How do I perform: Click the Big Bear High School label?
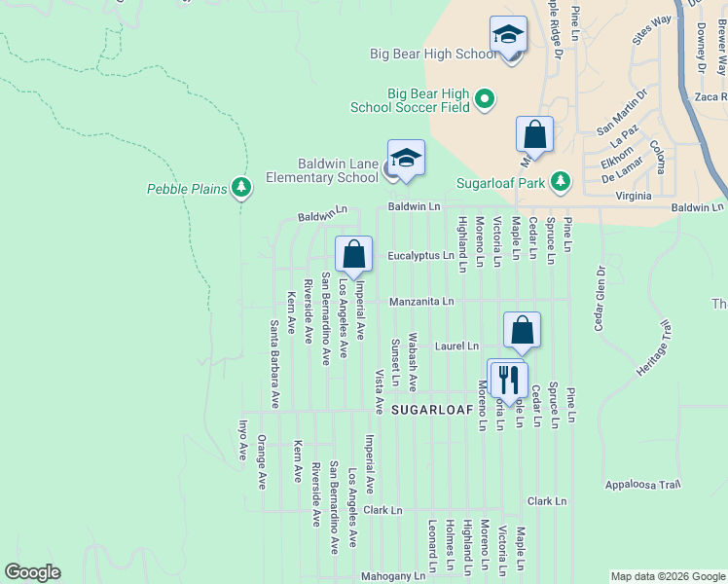[x=433, y=55]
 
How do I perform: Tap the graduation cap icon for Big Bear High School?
[x=508, y=35]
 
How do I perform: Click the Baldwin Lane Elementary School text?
[x=323, y=171]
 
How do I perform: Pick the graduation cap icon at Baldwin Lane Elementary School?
[x=406, y=159]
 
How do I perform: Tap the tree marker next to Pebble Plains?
[x=240, y=188]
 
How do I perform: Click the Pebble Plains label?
[x=188, y=188]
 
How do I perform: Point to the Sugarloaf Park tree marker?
[x=560, y=181]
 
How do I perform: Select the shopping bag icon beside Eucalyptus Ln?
[x=354, y=254]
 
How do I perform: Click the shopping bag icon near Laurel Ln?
[x=522, y=330]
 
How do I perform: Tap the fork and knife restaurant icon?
[x=507, y=378]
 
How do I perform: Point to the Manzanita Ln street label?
[x=421, y=302]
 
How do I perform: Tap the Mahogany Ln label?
[x=393, y=576]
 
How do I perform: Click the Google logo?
[x=32, y=572]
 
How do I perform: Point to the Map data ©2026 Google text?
[x=667, y=576]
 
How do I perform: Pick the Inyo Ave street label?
[x=243, y=440]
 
